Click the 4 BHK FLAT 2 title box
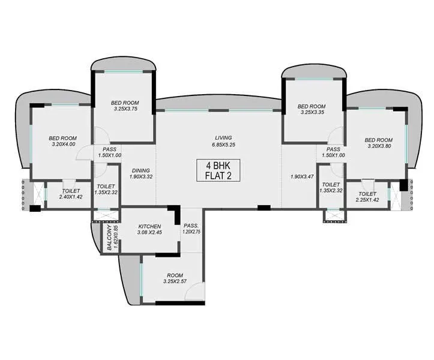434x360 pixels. pyautogui.click(x=219, y=170)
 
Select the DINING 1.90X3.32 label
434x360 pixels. pyautogui.click(x=142, y=173)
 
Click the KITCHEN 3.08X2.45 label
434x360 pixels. pyautogui.click(x=148, y=229)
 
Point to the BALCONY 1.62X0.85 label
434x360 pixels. pyautogui.click(x=112, y=238)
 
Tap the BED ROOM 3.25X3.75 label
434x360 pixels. pyautogui.click(x=125, y=105)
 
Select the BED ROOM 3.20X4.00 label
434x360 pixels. pyautogui.click(x=63, y=141)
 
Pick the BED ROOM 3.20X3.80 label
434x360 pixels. pyautogui.click(x=379, y=143)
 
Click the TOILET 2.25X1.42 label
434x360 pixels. pyautogui.click(x=367, y=197)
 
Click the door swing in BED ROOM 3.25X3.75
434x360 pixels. pyautogui.click(x=100, y=137)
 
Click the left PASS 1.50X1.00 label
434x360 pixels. pyautogui.click(x=110, y=152)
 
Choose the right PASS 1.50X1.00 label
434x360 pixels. pyautogui.click(x=334, y=152)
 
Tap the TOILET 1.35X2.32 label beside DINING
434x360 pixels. pyautogui.click(x=106, y=190)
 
